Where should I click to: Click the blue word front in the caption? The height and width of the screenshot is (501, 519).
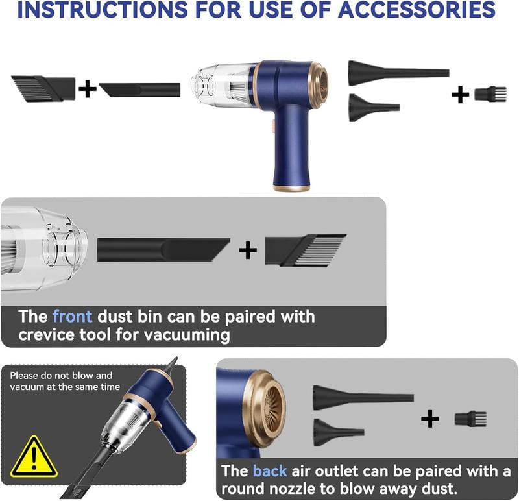coord(73,317)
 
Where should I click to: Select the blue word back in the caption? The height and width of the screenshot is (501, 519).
coord(269,471)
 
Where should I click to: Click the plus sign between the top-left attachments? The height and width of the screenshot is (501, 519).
coord(88,88)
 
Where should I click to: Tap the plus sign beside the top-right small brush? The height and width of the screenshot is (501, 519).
coord(460,95)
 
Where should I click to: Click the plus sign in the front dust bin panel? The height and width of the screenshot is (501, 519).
coord(248,250)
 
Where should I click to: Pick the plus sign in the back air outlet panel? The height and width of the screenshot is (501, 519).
coord(429,419)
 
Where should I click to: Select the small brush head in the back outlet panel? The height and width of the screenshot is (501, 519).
coord(470,419)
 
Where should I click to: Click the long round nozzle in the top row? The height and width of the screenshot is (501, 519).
coord(397,73)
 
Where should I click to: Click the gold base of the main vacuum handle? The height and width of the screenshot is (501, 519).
coord(291,188)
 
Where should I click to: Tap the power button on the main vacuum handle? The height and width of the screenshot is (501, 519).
coord(273,128)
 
